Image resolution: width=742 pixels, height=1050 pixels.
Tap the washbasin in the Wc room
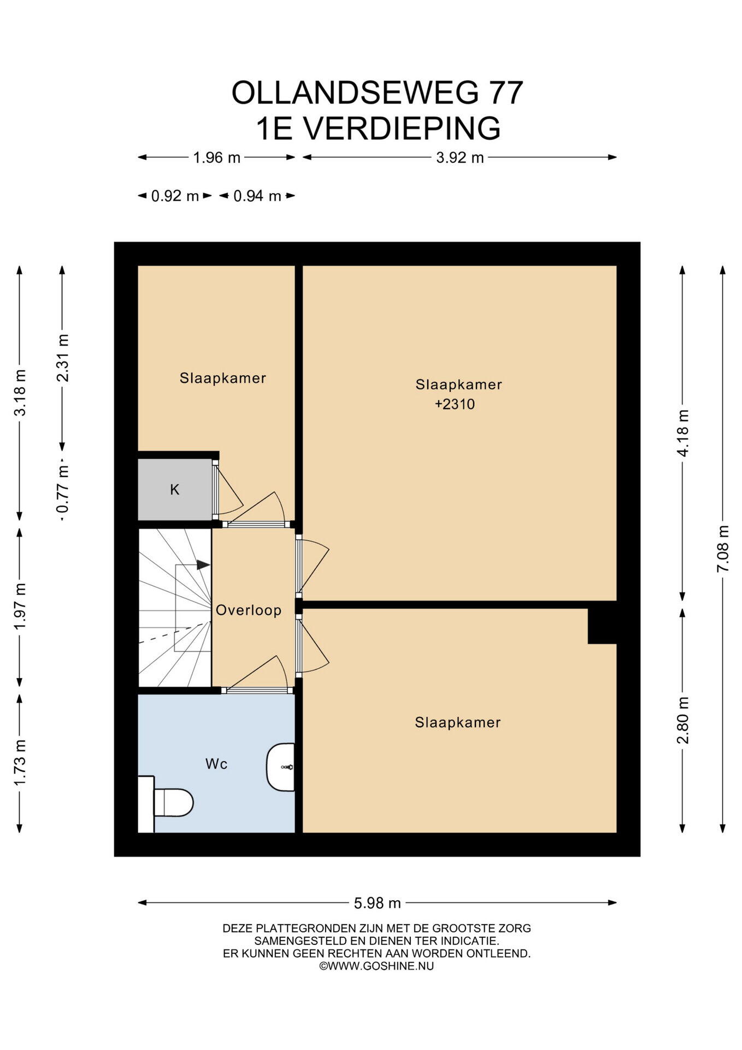click(280, 767)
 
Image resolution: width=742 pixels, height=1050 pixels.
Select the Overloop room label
click(249, 610)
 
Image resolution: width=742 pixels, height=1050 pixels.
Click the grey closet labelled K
click(174, 489)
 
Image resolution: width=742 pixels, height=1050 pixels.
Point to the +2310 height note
click(455, 404)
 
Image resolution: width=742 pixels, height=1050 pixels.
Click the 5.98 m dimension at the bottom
click(377, 903)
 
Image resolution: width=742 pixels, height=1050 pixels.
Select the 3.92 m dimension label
click(460, 157)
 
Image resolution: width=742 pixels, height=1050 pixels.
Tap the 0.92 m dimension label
click(175, 196)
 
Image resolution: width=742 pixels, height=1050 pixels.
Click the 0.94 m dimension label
click(257, 196)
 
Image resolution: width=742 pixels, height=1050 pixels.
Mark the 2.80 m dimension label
click(682, 720)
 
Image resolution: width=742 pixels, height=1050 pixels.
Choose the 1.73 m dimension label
click(20, 762)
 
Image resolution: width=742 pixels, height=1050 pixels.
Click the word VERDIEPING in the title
click(402, 128)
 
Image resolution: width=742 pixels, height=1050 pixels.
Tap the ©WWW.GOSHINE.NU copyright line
click(376, 966)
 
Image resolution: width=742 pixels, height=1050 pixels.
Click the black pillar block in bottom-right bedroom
click(602, 626)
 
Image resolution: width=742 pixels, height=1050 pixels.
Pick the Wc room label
click(216, 763)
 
